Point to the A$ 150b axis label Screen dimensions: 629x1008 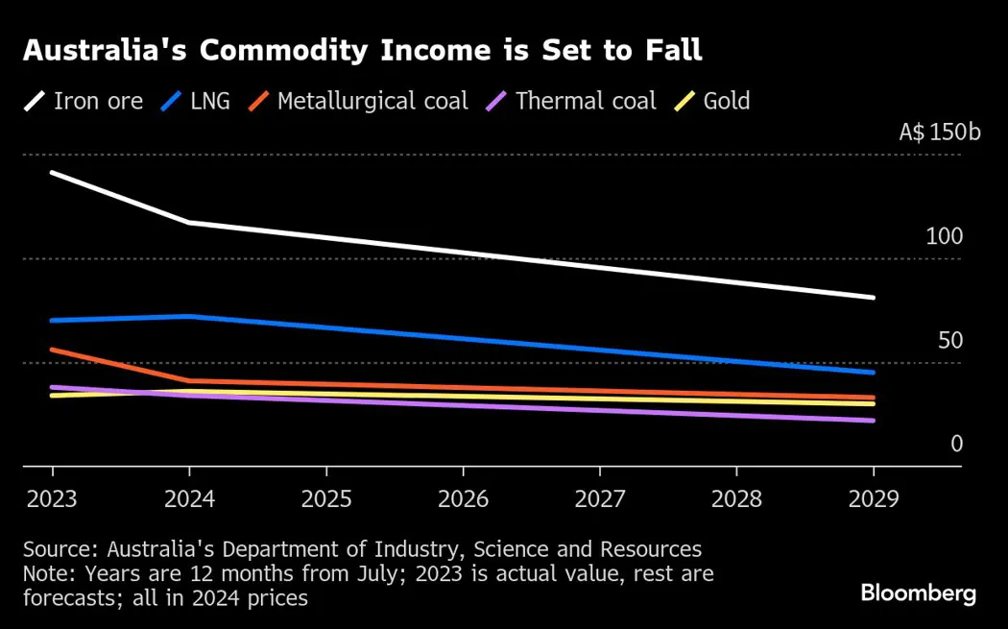(940, 133)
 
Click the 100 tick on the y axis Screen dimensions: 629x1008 (944, 236)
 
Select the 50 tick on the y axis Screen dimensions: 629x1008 (949, 340)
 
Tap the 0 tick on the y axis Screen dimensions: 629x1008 (956, 444)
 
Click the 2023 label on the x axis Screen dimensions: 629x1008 (52, 500)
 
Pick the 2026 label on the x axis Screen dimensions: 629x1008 (463, 500)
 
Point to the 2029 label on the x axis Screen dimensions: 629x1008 (873, 500)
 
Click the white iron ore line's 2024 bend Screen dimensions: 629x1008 (189, 223)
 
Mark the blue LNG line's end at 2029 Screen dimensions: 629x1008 (873, 372)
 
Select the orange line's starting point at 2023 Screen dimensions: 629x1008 (52, 350)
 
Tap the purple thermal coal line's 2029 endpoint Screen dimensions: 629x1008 (873, 421)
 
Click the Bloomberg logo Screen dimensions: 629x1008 (919, 593)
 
